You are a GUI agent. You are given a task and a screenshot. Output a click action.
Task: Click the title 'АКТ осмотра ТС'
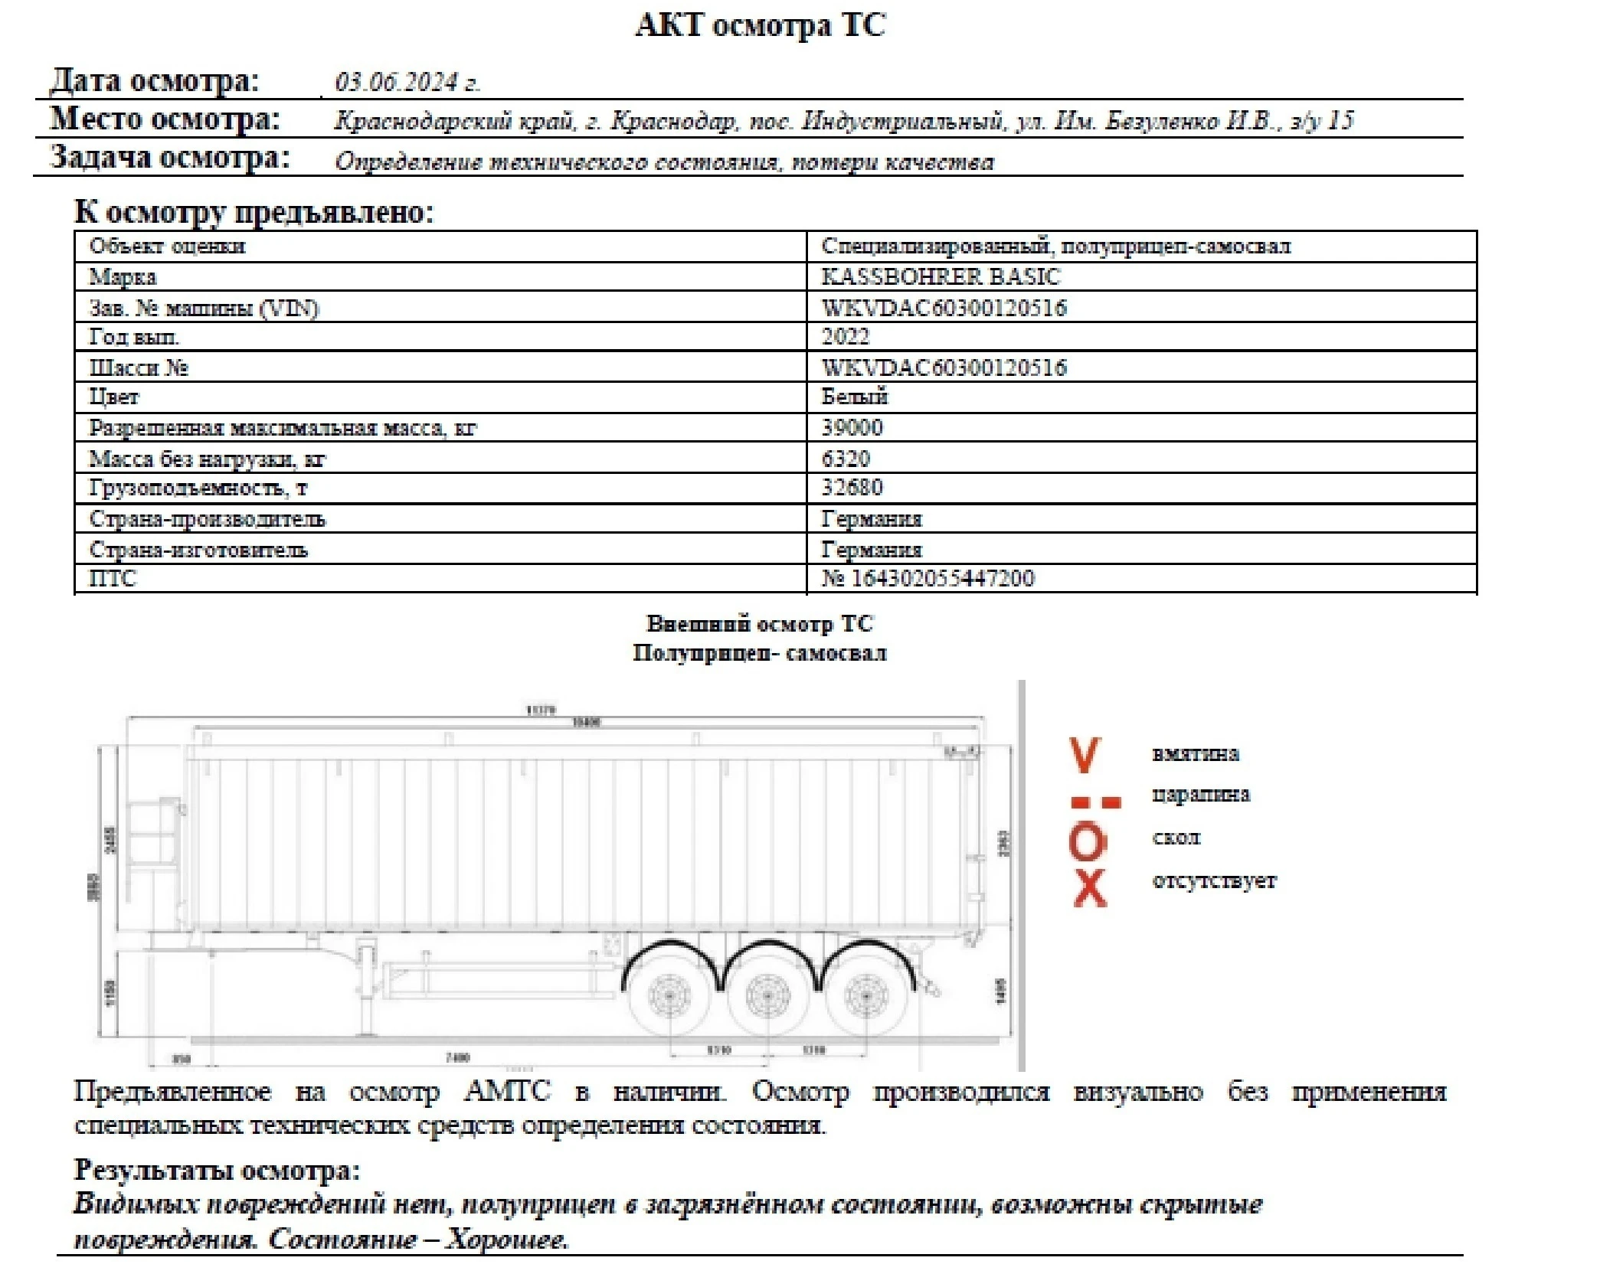761,25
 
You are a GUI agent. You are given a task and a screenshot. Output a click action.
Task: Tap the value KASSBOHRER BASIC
941,276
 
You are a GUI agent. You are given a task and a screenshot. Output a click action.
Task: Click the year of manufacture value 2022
846,337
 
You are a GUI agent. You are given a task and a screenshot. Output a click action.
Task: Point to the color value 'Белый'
854,397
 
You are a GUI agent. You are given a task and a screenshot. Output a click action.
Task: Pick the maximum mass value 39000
852,427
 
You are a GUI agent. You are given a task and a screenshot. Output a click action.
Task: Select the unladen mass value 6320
846,459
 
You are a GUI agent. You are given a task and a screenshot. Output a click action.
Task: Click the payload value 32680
852,488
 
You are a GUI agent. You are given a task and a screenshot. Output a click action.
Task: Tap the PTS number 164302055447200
942,578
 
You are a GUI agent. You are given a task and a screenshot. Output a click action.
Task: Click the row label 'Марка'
123,276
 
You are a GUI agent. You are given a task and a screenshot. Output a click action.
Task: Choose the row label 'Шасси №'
139,367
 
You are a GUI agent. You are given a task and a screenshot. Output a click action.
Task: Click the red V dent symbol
1085,755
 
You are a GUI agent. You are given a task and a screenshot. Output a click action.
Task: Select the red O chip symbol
1088,841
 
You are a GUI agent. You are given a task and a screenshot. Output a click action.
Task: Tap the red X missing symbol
1089,889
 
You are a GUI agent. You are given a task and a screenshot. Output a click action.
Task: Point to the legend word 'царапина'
1200,795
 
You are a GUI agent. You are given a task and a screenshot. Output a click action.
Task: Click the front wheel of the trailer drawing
669,996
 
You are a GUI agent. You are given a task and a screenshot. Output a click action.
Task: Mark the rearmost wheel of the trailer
865,996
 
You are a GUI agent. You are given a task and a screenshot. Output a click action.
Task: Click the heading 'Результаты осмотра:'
217,1170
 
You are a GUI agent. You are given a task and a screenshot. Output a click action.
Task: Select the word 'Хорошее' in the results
506,1239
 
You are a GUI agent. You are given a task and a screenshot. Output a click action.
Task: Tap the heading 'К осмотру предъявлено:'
254,211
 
